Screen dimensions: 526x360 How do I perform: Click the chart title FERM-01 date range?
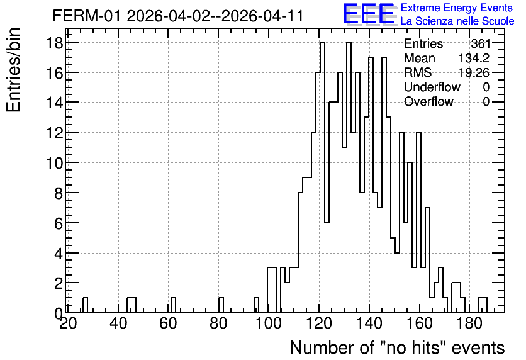(178, 16)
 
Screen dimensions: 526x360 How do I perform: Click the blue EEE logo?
(369, 14)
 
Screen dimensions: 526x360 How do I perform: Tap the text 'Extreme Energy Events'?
(457, 8)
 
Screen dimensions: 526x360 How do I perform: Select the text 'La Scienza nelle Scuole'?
(457, 21)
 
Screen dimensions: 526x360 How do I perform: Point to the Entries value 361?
(480, 43)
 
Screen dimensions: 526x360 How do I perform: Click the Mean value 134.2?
(474, 58)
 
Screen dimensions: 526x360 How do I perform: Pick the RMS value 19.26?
(474, 72)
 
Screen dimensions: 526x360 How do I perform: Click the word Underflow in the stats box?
(432, 87)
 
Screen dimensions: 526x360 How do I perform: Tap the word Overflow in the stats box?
(428, 101)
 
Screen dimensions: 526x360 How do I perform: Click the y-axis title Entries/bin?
(13, 70)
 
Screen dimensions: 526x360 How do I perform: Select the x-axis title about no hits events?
(397, 347)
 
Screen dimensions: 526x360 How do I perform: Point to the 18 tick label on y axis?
(55, 43)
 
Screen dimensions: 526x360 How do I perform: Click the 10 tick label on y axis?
(55, 163)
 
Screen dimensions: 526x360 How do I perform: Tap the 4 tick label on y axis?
(59, 253)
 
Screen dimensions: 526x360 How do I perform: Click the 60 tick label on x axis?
(168, 323)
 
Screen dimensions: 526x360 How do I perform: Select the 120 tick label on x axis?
(319, 323)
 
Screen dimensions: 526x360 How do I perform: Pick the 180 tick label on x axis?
(469, 323)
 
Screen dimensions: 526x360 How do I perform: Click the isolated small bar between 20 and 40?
(85, 305)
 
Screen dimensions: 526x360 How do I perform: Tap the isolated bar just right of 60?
(173, 305)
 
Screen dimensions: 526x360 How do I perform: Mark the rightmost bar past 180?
(483, 305)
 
